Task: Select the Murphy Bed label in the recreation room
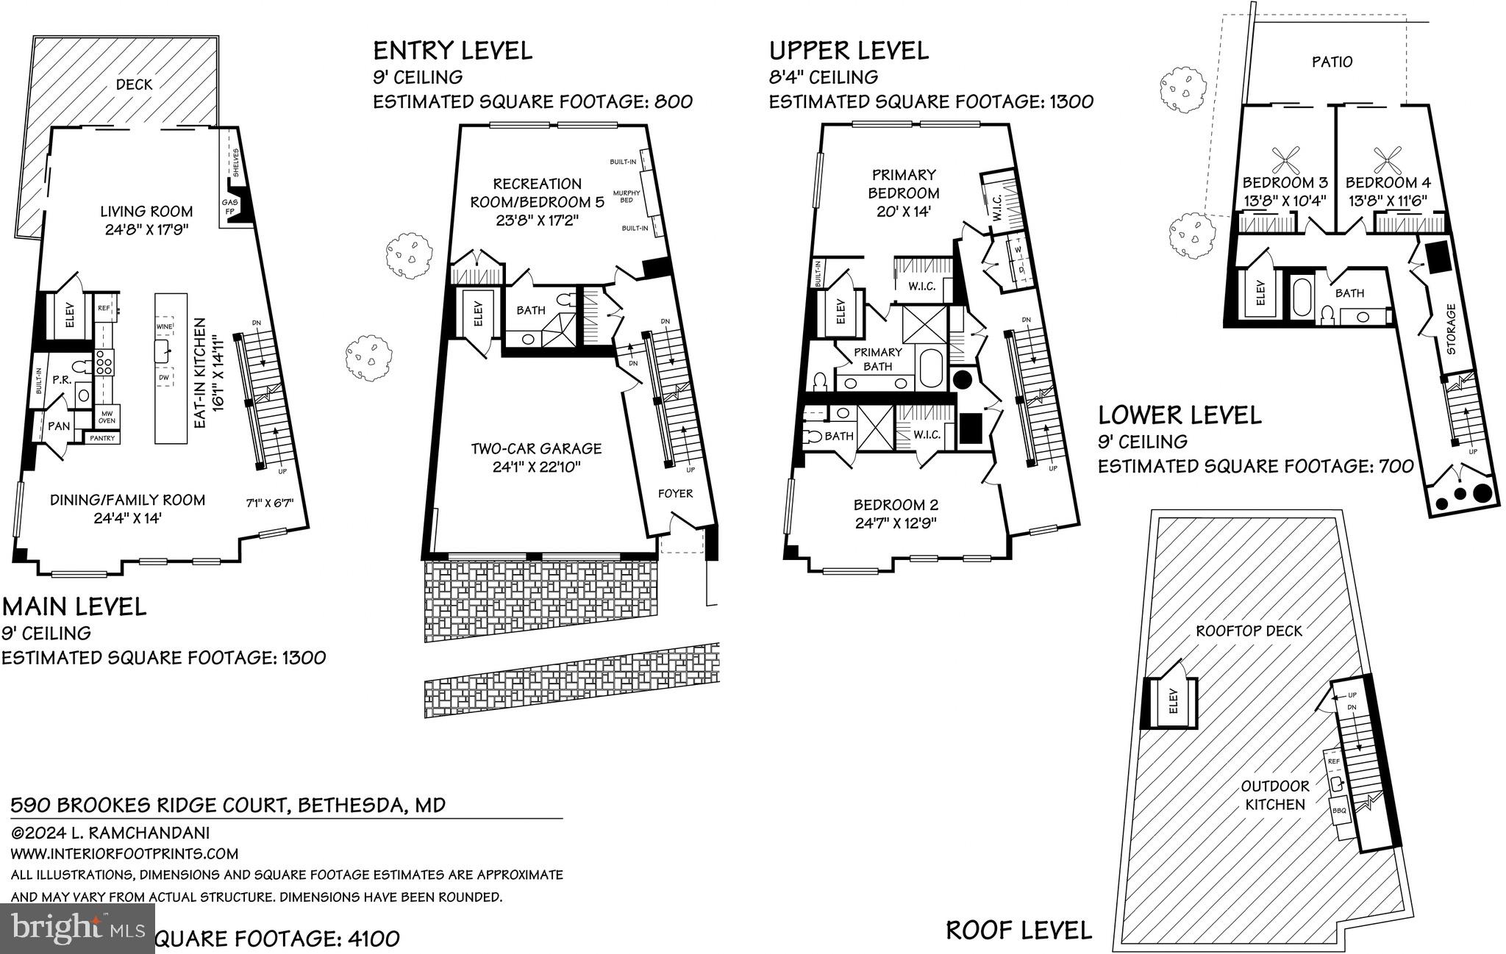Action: (x=631, y=196)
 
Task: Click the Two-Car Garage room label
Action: (x=536, y=448)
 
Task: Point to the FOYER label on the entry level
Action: (x=675, y=493)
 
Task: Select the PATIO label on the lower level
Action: (x=1332, y=62)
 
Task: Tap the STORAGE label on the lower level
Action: (x=1451, y=329)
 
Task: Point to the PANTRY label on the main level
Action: (x=102, y=438)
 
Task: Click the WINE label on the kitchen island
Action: (x=164, y=326)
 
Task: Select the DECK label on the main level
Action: (x=135, y=85)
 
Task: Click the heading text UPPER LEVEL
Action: (x=849, y=50)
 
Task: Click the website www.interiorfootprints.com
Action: (x=124, y=853)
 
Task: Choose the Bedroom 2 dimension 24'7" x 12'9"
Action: (x=895, y=523)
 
